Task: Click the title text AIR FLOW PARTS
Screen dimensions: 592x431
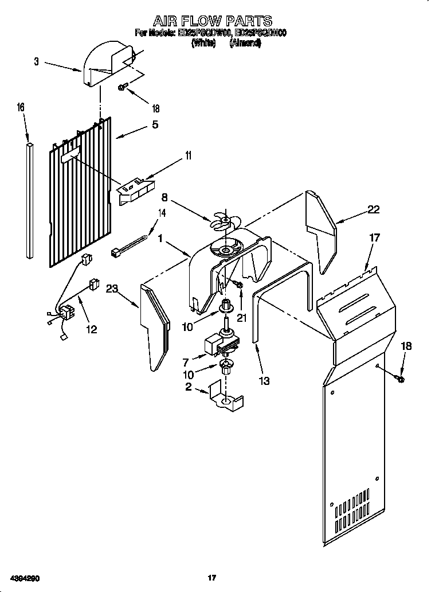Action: pyautogui.click(x=212, y=21)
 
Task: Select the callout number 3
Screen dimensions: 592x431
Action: pyautogui.click(x=36, y=62)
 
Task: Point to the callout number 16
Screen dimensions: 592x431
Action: pyautogui.click(x=21, y=107)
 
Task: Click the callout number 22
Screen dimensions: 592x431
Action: pyautogui.click(x=373, y=210)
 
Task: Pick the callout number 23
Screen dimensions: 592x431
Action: pyautogui.click(x=112, y=290)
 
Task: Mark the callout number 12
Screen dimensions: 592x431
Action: pyautogui.click(x=91, y=329)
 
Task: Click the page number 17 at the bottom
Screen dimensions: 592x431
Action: pyautogui.click(x=211, y=578)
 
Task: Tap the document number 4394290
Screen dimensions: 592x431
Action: pyautogui.click(x=23, y=578)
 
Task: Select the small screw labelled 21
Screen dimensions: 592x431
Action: pyautogui.click(x=238, y=283)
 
